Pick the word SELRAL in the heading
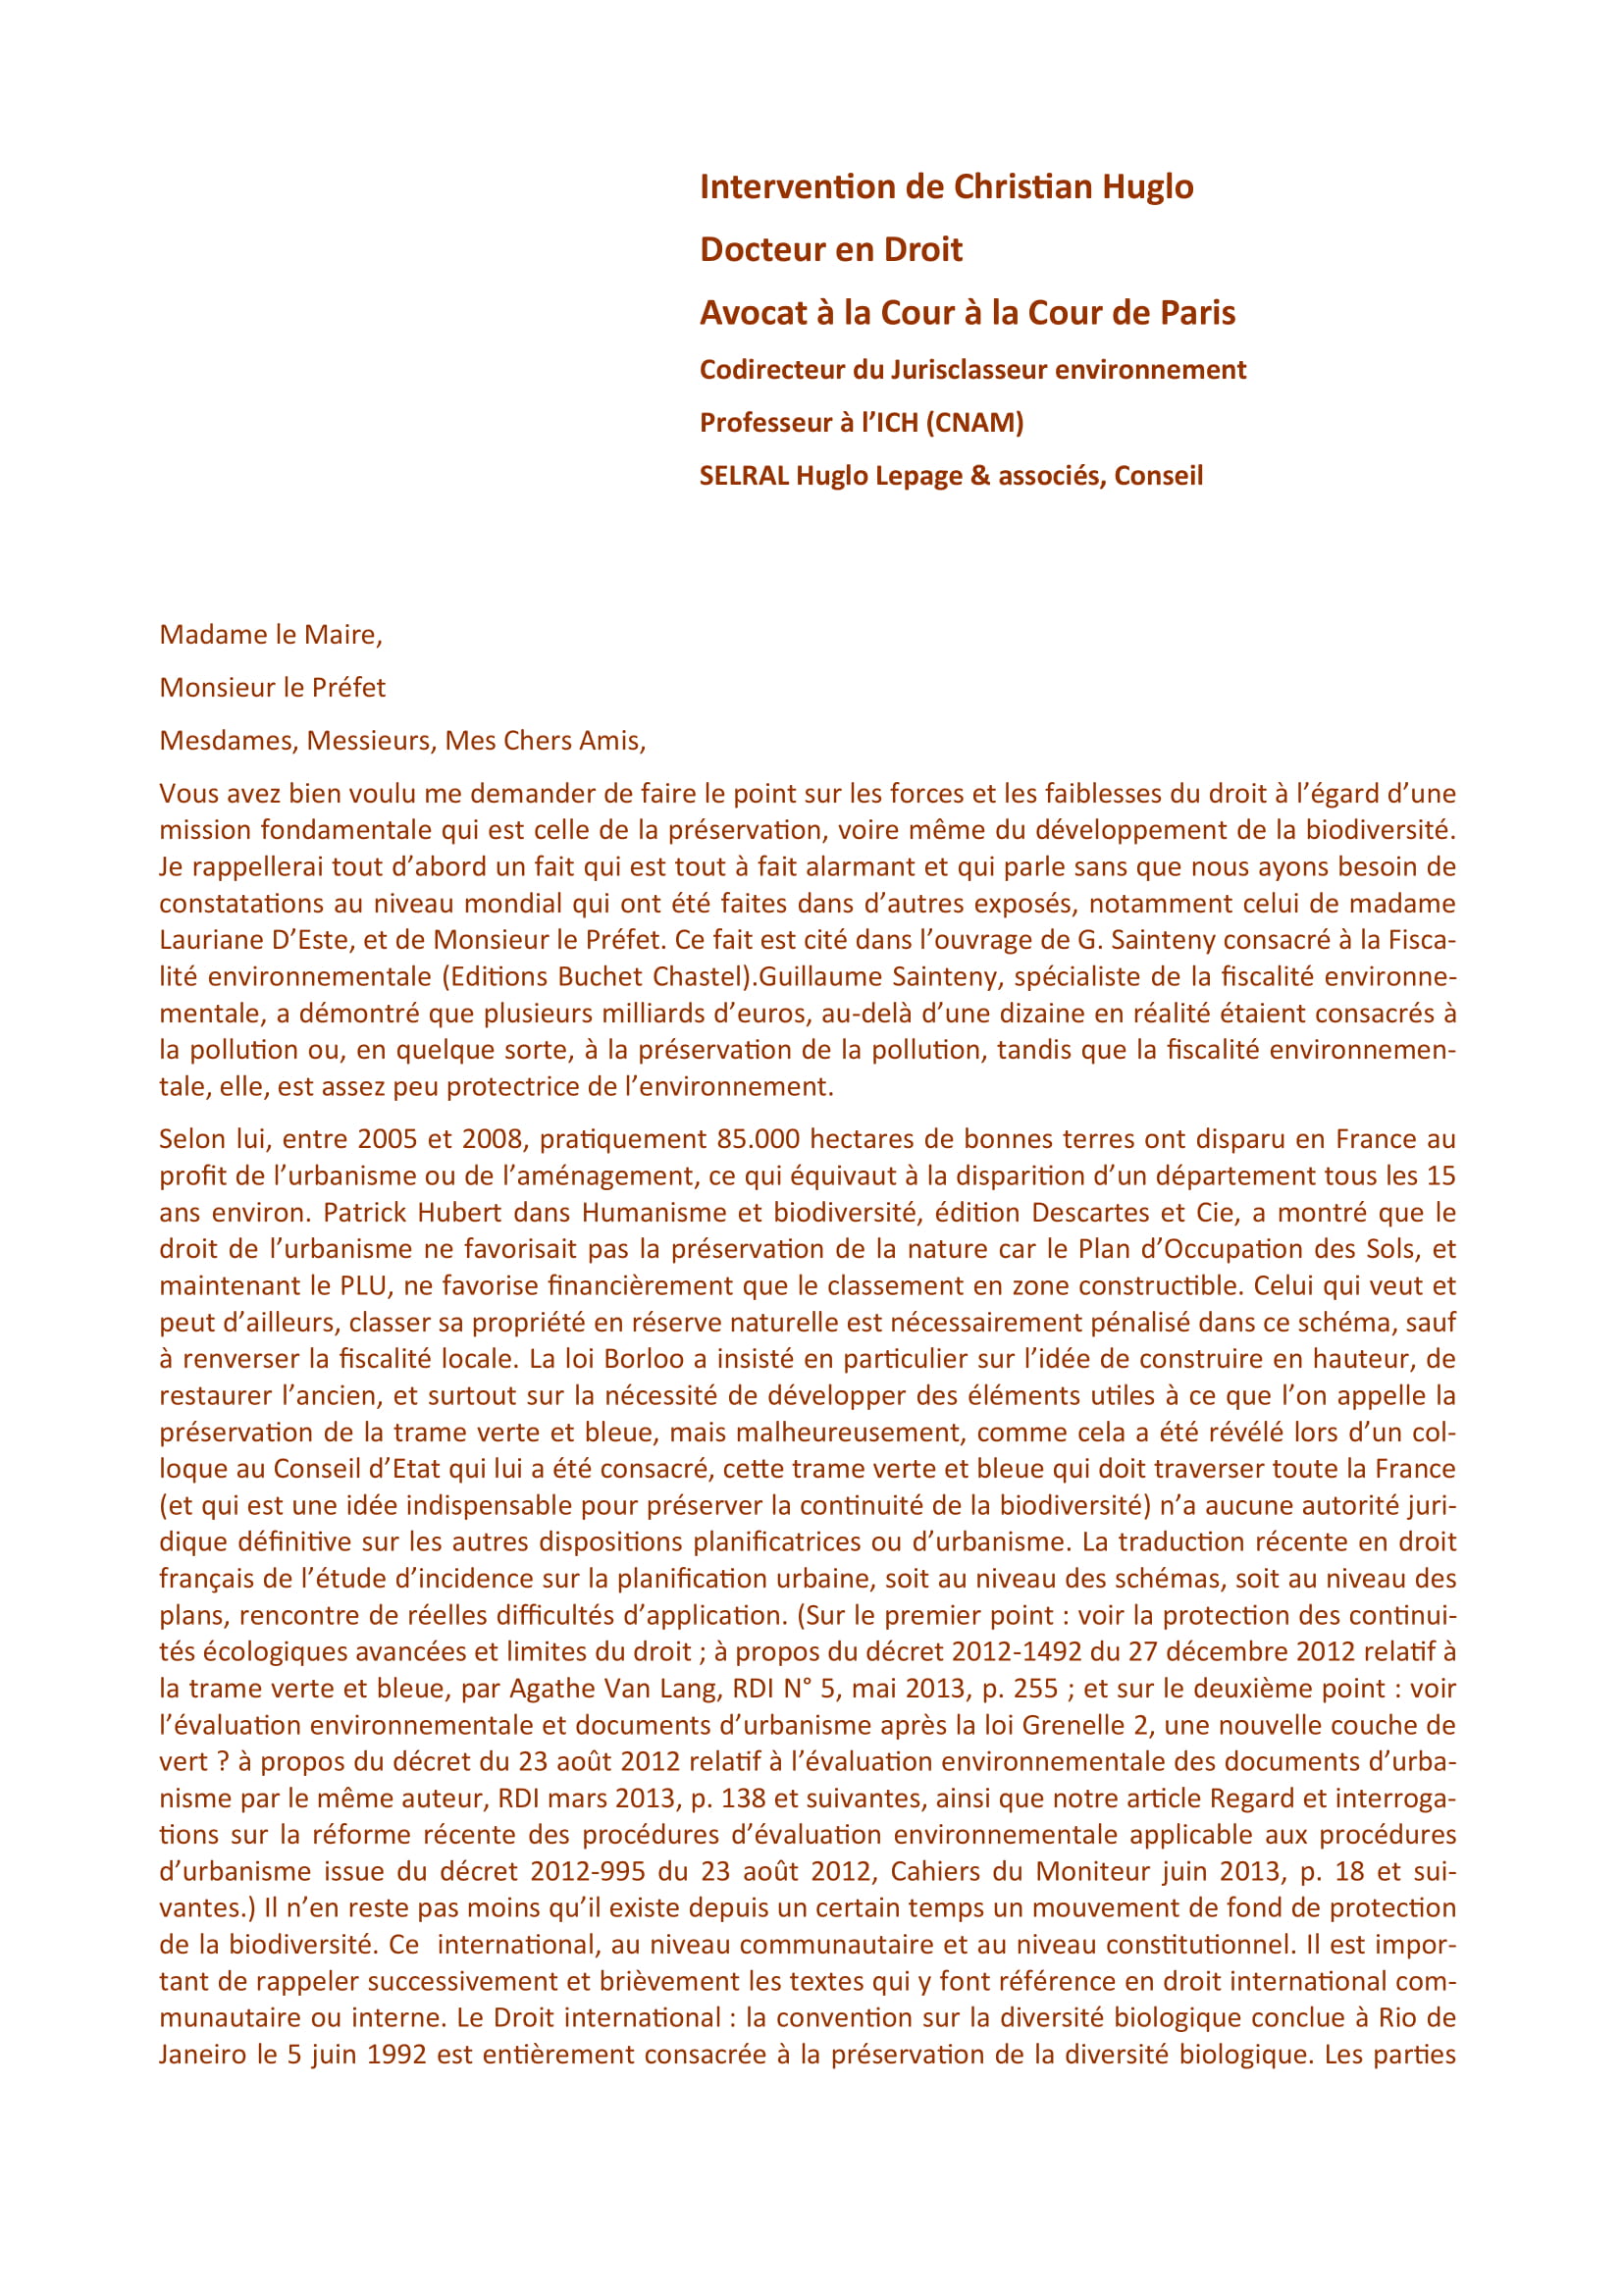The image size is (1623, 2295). (745, 476)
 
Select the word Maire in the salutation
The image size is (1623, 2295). (340, 635)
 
